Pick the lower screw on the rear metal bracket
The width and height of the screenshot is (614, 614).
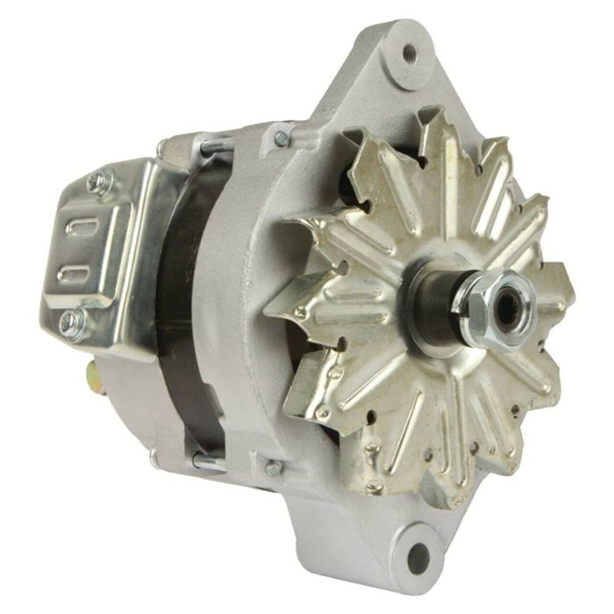(70, 320)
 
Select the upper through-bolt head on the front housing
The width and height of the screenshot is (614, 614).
(281, 138)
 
